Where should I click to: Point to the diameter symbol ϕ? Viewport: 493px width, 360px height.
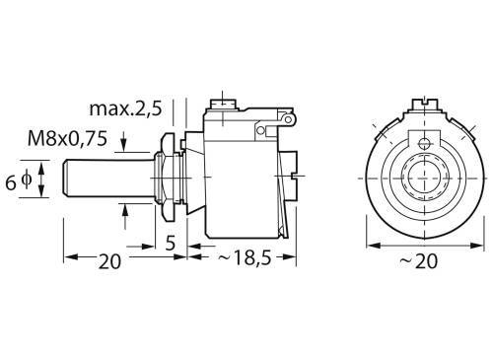point(28,181)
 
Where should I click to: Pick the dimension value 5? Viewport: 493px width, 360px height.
point(171,242)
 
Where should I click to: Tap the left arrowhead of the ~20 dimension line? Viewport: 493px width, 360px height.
point(371,245)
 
